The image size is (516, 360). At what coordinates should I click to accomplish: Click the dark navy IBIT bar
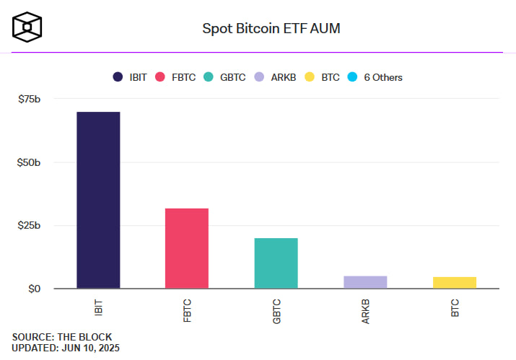pos(98,201)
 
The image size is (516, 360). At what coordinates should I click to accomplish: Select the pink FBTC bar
pos(187,249)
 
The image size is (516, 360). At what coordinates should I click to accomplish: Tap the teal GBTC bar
pos(276,263)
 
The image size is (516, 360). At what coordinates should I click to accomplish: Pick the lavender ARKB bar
pos(365,282)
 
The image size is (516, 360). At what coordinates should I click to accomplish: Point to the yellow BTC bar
pos(454,283)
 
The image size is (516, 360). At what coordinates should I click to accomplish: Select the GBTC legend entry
pos(224,77)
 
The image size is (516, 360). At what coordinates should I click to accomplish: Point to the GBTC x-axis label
pos(276,311)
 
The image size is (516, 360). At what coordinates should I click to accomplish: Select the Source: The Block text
pos(62,337)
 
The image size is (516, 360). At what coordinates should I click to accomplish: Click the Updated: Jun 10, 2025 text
pos(66,348)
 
